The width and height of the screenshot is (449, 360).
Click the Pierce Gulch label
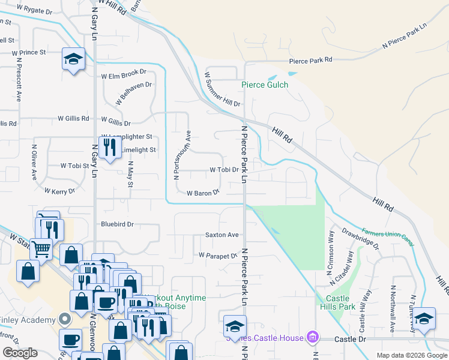click(x=265, y=85)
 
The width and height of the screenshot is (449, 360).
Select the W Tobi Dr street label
click(x=224, y=170)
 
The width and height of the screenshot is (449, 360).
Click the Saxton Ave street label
click(x=222, y=235)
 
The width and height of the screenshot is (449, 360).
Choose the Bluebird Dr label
click(x=117, y=224)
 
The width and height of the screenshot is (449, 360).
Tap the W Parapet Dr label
click(x=217, y=255)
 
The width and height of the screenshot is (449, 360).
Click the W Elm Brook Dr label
click(x=124, y=76)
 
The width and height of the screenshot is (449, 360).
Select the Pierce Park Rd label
click(x=310, y=61)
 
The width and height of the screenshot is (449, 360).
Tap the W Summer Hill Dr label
click(x=222, y=89)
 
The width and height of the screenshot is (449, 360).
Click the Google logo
click(x=20, y=353)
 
